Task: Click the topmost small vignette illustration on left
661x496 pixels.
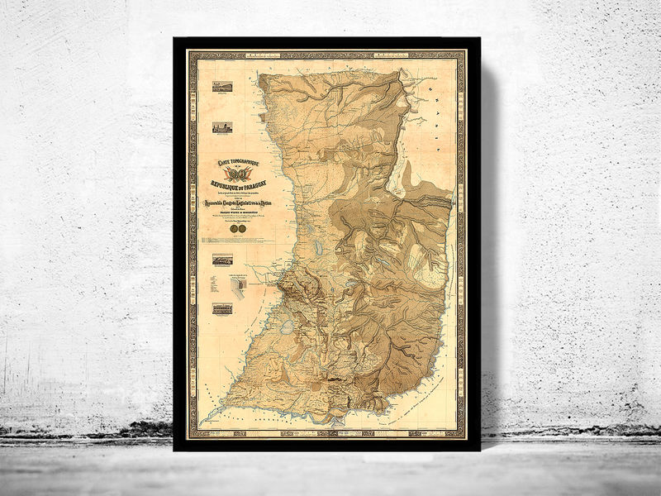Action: [222, 86]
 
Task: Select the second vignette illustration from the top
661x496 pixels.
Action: [222, 127]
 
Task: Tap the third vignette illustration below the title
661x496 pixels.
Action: [222, 259]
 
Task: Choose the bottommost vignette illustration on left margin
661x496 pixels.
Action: [222, 308]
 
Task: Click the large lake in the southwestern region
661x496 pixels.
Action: [287, 327]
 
